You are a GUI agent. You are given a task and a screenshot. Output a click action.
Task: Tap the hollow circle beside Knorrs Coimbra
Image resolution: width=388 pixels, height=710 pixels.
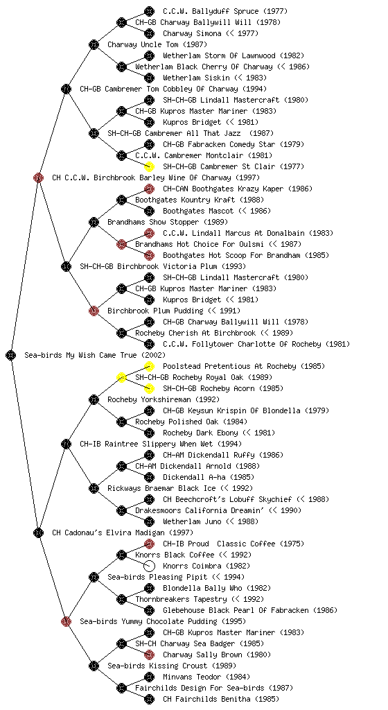(x=149, y=566)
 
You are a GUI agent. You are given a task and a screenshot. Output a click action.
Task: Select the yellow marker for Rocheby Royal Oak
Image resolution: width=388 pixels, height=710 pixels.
(x=121, y=377)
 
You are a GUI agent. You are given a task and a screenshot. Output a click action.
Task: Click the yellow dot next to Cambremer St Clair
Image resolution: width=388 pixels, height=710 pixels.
(x=149, y=166)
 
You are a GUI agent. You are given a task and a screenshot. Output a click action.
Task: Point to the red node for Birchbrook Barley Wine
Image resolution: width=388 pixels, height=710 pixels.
(x=38, y=177)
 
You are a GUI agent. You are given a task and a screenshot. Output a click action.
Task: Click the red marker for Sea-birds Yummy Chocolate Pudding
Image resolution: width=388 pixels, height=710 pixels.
(x=66, y=621)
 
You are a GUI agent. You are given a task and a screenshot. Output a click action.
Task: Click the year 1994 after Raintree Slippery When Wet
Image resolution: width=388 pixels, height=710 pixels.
(x=230, y=444)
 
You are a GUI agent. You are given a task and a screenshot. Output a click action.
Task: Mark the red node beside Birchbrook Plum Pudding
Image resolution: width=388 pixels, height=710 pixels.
(x=94, y=311)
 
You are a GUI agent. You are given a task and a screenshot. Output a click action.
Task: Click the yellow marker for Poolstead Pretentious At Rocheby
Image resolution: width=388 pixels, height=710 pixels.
(x=149, y=366)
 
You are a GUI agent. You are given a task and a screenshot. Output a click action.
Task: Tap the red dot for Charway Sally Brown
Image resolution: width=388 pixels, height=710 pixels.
(x=149, y=655)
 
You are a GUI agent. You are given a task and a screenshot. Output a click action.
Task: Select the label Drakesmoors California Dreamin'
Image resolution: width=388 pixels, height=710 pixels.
(x=200, y=511)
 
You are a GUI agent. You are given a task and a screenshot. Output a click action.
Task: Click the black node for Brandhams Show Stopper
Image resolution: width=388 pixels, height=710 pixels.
(x=94, y=222)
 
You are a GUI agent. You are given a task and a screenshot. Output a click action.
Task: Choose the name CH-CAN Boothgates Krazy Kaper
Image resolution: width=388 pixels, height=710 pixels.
(x=223, y=189)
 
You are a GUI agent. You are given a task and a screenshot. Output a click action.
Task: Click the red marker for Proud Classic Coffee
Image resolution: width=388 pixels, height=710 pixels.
(x=149, y=544)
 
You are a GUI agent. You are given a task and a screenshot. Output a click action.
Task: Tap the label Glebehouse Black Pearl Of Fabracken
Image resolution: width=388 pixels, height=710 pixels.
(x=236, y=610)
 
